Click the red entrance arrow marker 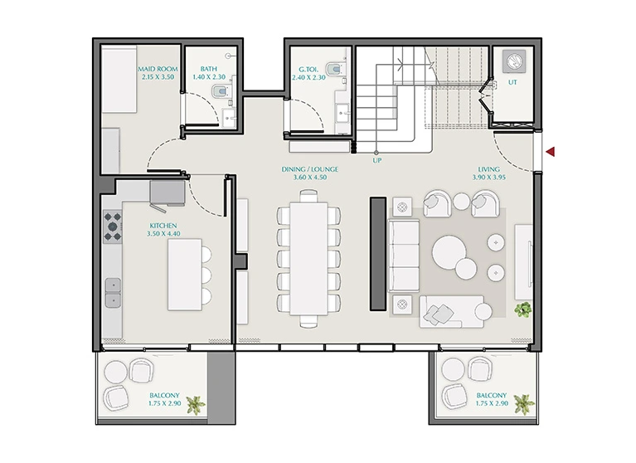(x=551, y=152)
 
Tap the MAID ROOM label (x=158, y=69)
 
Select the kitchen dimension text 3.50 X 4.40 (x=163, y=234)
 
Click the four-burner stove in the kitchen (x=112, y=227)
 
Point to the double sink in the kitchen (x=113, y=293)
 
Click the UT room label (x=512, y=82)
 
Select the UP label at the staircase (x=377, y=161)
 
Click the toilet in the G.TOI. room (x=334, y=70)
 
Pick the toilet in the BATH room (x=220, y=91)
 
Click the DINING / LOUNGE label (x=310, y=169)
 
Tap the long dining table (x=308, y=259)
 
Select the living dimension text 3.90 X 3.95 (x=488, y=178)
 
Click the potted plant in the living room (x=523, y=309)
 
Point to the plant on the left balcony (x=196, y=405)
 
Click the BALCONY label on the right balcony (x=492, y=395)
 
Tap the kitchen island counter (x=185, y=275)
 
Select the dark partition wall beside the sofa (x=378, y=254)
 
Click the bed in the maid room (x=119, y=80)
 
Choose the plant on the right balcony (x=524, y=405)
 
